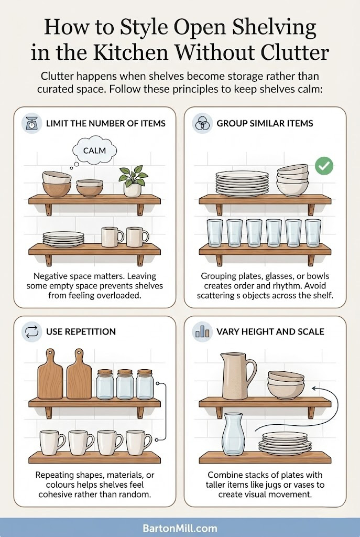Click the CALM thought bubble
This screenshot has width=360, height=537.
94,151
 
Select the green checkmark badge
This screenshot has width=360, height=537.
324,167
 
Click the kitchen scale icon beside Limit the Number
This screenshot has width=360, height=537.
31,123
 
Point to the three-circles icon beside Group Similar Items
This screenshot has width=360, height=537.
202,123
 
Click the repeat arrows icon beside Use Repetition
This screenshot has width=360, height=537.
31,331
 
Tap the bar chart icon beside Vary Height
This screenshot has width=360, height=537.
202,331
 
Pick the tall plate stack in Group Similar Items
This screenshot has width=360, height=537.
242,183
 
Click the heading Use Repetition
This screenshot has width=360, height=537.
81,331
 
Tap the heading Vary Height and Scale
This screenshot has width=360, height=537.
270,331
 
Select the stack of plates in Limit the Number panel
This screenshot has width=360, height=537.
64,239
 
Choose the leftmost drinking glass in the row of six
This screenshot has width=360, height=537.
214,232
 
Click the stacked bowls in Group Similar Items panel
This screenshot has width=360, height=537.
292,180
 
